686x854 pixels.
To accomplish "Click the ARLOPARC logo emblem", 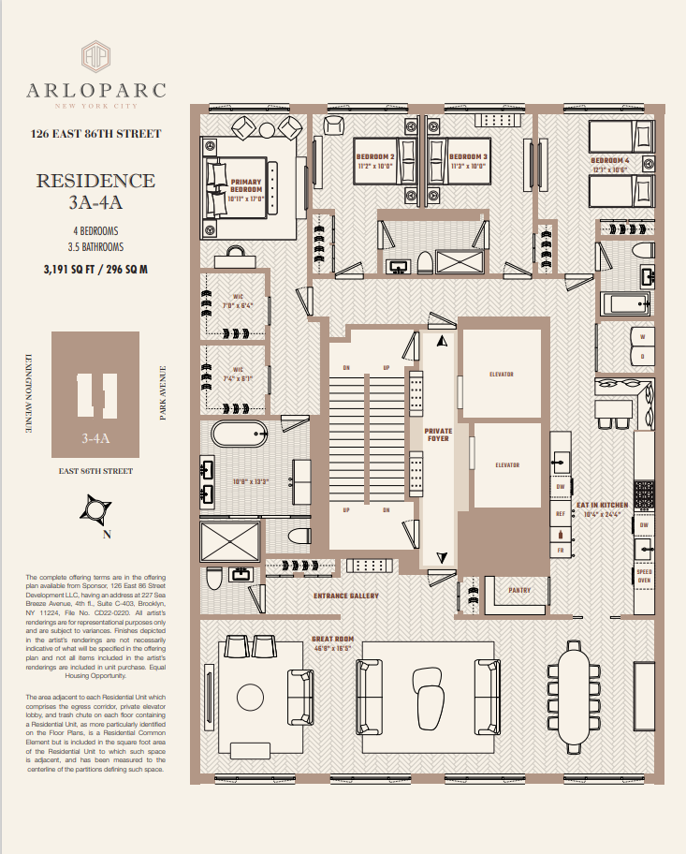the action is point(96,55).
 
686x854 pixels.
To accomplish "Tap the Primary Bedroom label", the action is point(247,189).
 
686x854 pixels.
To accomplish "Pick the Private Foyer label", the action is point(438,434).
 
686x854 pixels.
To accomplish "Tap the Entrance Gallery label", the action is point(345,596).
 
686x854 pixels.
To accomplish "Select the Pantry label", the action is point(519,591).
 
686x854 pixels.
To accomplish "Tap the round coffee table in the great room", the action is point(251,697).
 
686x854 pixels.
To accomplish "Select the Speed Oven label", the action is point(644,575).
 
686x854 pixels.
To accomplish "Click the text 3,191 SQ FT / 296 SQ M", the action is point(95,270).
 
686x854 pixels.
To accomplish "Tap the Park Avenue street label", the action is point(163,392).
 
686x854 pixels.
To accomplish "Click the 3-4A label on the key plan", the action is point(96,436).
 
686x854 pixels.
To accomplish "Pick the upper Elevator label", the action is point(502,375).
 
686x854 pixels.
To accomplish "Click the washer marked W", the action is point(642,337).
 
